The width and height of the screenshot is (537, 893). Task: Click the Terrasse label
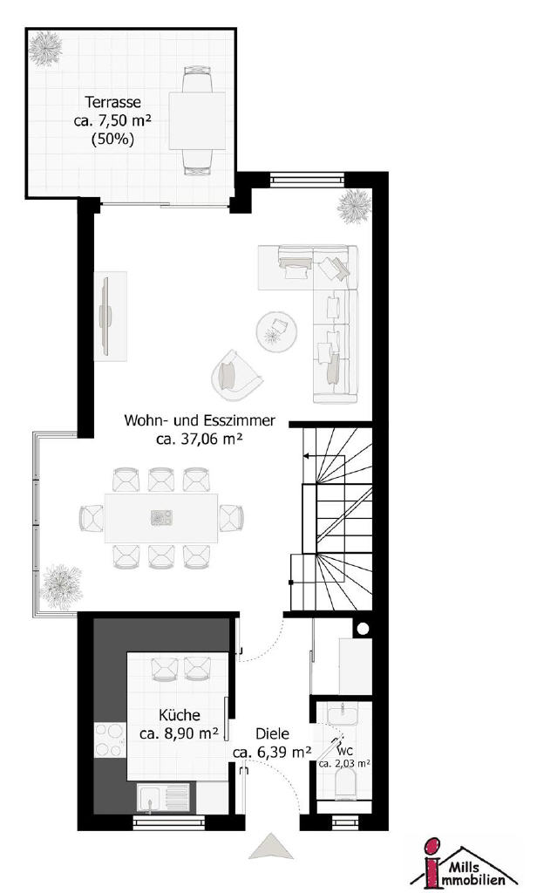[112, 103]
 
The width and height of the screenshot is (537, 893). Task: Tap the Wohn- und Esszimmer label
[200, 421]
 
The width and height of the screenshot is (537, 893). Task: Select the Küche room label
[180, 715]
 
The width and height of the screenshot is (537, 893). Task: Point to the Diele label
[272, 734]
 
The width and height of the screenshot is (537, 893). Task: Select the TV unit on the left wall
[110, 316]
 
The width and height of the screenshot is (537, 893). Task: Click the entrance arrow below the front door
[271, 846]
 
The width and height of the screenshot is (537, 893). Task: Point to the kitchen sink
[163, 797]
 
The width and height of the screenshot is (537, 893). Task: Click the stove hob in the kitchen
[109, 740]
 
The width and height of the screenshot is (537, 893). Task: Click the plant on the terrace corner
[45, 50]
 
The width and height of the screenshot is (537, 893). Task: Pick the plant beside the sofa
[354, 206]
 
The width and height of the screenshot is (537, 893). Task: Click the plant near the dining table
[61, 586]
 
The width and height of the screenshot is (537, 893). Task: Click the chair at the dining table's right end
[231, 518]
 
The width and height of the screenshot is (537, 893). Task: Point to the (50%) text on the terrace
[112, 139]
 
